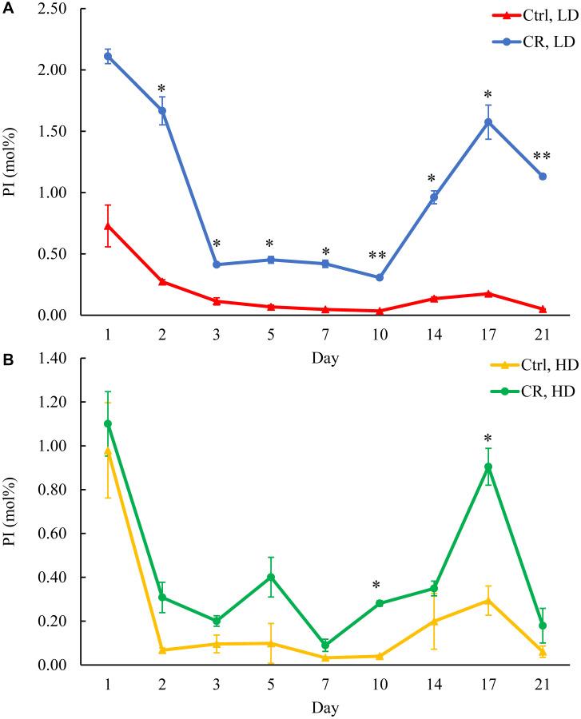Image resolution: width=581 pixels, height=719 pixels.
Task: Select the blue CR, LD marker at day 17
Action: click(x=488, y=122)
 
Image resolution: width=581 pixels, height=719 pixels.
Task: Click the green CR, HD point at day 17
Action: click(x=488, y=467)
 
